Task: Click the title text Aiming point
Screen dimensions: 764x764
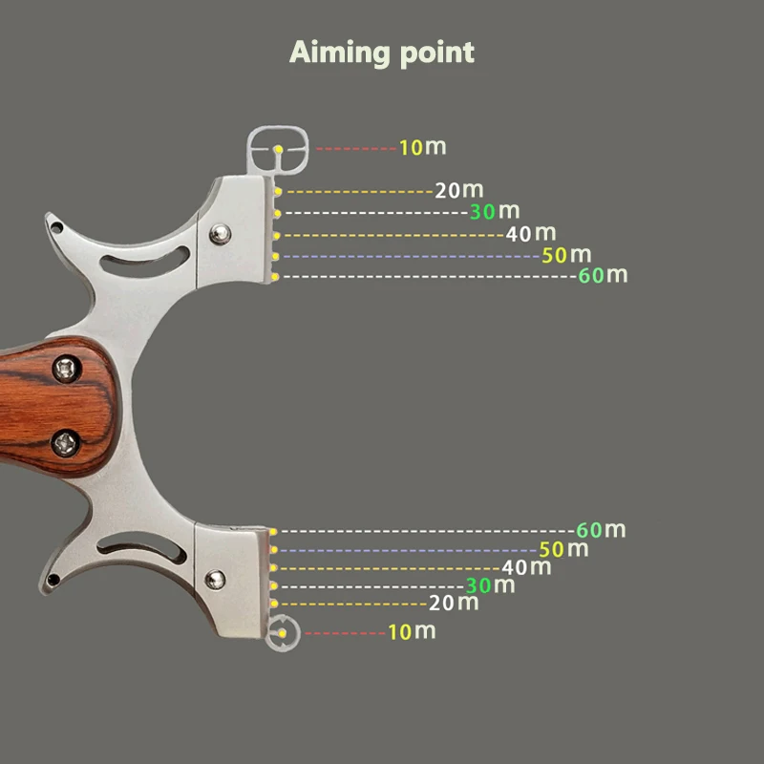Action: coord(382,52)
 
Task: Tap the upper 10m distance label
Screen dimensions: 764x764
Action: coord(422,148)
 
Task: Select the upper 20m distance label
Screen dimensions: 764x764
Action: coord(458,190)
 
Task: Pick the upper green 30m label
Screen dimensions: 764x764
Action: coord(494,211)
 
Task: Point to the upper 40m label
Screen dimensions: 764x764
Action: coord(530,233)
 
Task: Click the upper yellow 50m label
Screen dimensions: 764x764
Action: coord(566,255)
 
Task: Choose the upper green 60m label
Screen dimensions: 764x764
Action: coord(603,276)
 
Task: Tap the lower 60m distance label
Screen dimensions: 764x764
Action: coord(601,530)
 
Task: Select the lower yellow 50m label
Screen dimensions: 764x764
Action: coord(563,549)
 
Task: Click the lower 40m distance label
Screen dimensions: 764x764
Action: coord(526,567)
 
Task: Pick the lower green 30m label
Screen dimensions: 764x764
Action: coord(490,585)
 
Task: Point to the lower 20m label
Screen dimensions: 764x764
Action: coord(454,603)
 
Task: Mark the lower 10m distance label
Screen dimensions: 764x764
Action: coord(412,631)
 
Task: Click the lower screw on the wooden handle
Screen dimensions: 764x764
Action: coord(66,440)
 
